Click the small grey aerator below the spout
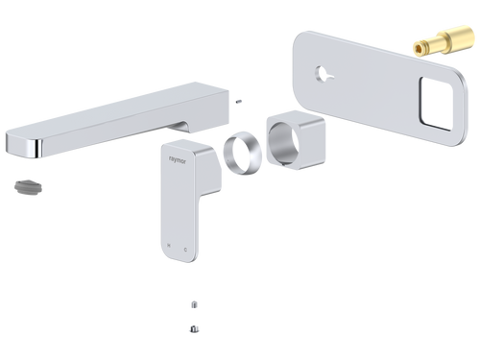26,183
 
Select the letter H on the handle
169,247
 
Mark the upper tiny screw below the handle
195,304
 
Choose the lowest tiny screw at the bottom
195,330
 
